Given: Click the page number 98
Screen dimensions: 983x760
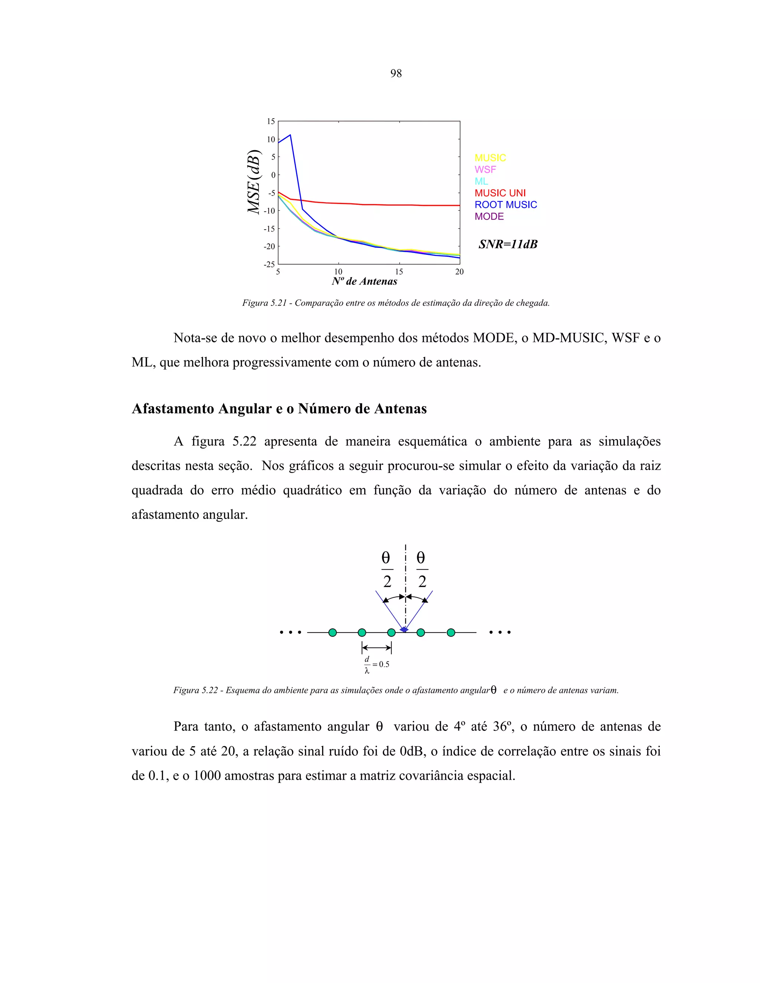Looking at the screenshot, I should coord(396,73).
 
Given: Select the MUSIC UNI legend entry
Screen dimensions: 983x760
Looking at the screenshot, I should coord(500,193).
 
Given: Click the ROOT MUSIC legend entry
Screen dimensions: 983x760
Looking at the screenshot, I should coord(506,205).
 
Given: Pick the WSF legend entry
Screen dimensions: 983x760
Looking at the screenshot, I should coord(485,170).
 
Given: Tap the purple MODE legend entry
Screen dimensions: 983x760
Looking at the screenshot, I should coord(489,217).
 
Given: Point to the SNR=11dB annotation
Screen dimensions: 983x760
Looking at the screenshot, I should coord(508,244).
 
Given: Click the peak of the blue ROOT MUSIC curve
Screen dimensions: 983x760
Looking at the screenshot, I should coord(290,135).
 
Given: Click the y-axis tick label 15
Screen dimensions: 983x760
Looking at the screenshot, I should coord(271,122).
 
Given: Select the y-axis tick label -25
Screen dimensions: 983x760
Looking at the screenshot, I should coord(269,264).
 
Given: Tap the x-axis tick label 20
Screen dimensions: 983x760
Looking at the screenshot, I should coord(459,272).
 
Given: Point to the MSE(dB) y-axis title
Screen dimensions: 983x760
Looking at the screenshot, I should coord(254,182).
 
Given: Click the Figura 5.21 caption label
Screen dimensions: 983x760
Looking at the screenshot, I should coord(264,303).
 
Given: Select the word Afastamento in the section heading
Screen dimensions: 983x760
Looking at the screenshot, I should coord(173,409).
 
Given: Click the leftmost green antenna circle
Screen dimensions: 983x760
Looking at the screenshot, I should coord(332,633).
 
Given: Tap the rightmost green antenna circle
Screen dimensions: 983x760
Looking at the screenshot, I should coord(451,633).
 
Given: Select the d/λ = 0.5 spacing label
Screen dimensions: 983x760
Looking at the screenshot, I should coord(376,664).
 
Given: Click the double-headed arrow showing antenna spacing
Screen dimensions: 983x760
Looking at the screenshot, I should coord(376,648).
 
